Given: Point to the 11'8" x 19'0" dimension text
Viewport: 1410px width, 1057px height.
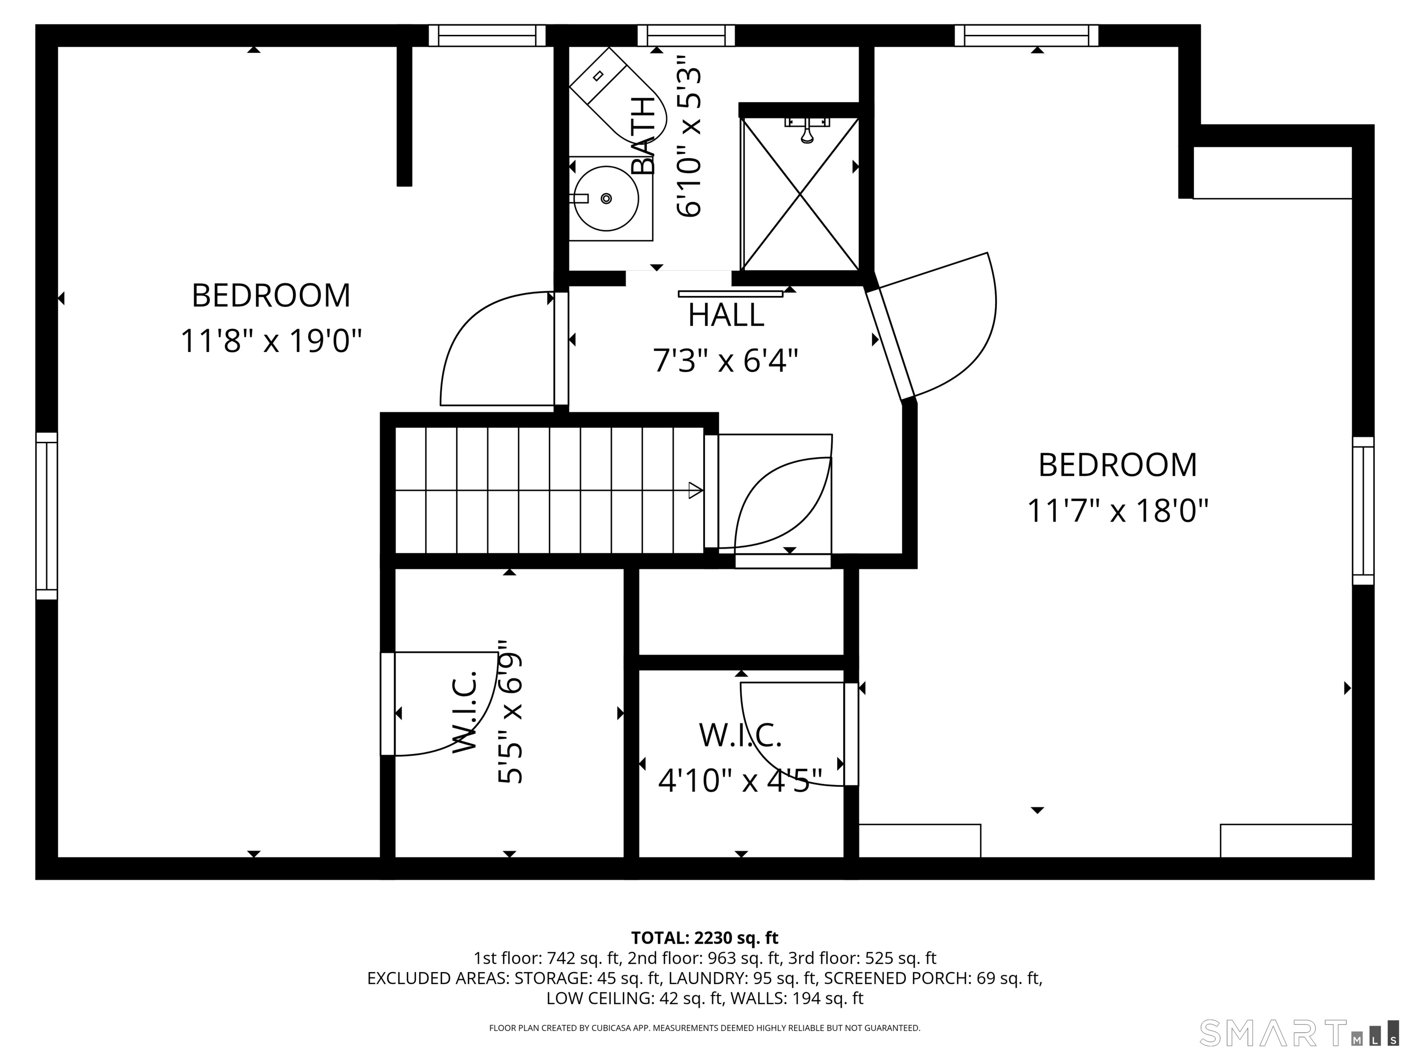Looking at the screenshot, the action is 271,341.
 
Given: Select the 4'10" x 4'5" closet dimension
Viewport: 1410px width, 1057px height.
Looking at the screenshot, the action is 740,780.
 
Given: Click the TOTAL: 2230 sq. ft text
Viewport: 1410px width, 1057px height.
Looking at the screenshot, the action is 705,938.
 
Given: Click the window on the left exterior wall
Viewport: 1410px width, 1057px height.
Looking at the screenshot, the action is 46,516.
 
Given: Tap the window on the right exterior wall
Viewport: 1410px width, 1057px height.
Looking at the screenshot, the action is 1363,510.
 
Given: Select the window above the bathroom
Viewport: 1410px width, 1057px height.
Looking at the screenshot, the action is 686,36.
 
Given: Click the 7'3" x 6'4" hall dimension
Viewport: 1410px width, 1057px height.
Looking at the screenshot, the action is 725,361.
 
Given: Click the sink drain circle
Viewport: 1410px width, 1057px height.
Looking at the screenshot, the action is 606,198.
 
